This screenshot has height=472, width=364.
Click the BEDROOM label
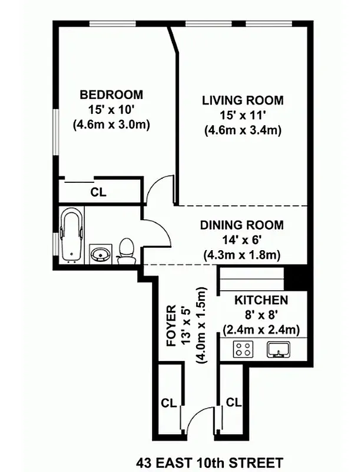[111, 94]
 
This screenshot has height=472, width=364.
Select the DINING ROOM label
[241, 225]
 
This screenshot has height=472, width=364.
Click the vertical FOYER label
[171, 326]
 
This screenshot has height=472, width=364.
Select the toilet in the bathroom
[126, 250]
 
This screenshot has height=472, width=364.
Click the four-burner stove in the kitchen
[243, 349]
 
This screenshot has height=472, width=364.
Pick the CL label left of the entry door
[169, 404]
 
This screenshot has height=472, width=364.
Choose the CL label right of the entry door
[234, 403]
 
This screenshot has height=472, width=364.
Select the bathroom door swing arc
[157, 230]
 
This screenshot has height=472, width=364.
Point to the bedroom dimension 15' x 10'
[111, 109]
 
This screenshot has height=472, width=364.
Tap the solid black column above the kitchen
[295, 276]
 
